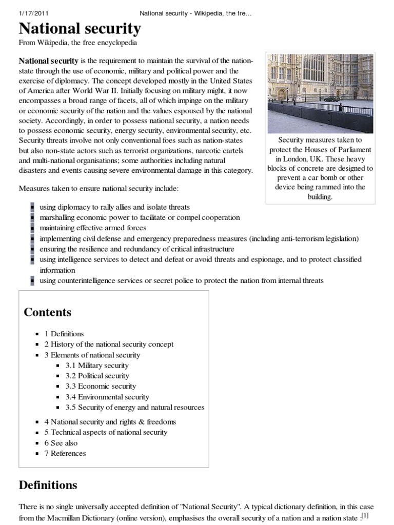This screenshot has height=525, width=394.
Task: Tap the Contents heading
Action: [48, 312]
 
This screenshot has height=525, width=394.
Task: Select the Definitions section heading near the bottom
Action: [48, 485]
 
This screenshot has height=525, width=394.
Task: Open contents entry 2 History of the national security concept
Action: [109, 345]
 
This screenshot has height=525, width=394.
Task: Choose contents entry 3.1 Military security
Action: [96, 366]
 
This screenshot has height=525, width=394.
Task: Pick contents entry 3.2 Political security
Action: [97, 376]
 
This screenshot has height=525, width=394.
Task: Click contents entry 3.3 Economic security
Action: [101, 387]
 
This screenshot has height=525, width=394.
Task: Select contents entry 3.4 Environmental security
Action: [107, 397]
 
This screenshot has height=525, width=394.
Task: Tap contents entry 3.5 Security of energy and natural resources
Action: [134, 408]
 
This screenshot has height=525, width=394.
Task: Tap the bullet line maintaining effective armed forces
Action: [93, 228]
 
